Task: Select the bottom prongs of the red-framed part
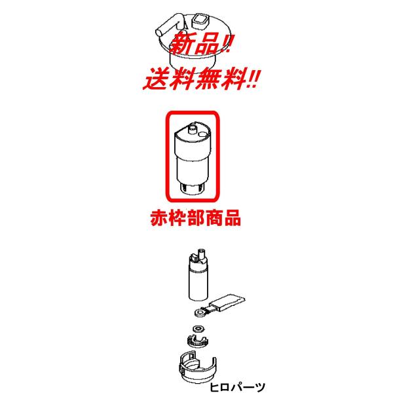click(193, 189)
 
